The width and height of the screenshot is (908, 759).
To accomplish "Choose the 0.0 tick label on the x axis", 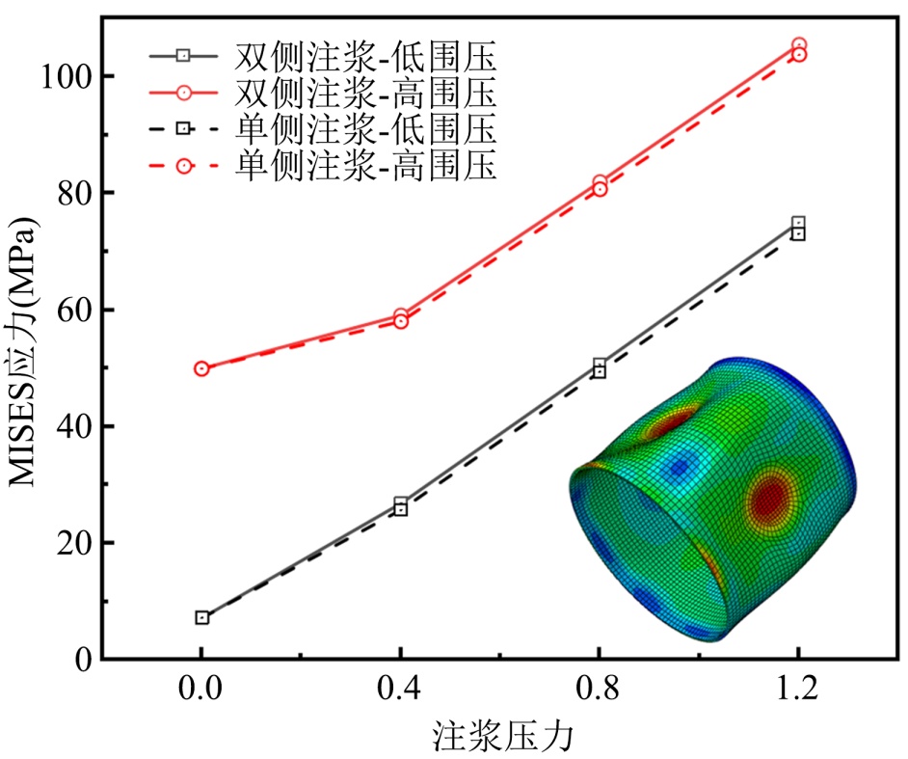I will [201, 691].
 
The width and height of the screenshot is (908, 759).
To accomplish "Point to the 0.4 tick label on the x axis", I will [400, 691].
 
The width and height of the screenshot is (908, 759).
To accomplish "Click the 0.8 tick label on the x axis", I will [599, 691].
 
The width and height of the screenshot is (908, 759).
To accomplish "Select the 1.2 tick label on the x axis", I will [797, 691].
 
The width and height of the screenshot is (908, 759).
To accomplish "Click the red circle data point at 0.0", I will [201, 368].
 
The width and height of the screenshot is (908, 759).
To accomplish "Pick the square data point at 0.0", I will [201, 617].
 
